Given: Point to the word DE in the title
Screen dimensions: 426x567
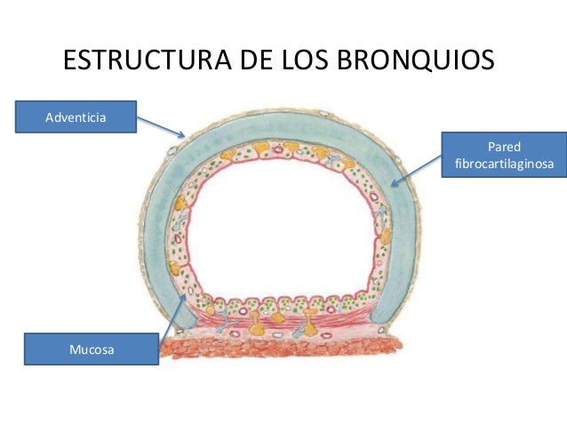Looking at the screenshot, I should [x=258, y=63].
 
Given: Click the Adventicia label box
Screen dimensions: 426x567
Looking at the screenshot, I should [x=76, y=116].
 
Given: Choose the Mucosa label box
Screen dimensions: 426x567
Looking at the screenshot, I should [x=91, y=349].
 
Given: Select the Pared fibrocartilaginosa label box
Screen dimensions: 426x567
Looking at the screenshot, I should [x=504, y=156].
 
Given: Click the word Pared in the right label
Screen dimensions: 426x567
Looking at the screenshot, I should [x=504, y=147].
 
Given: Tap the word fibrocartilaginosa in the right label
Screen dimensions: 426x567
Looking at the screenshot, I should [x=504, y=165].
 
